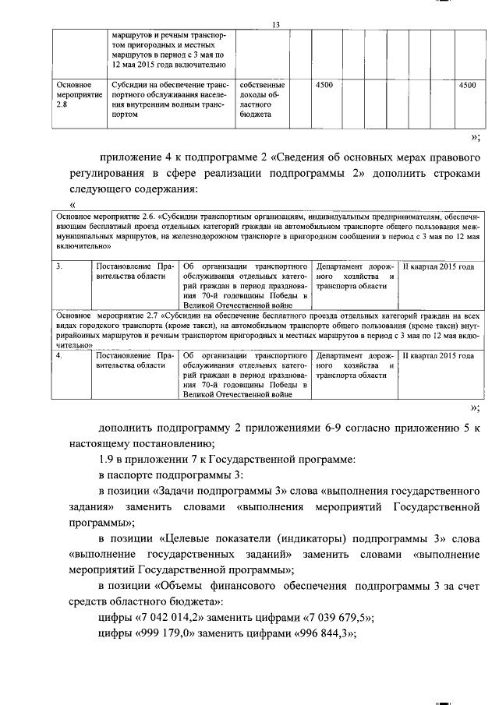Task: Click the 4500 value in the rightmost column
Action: (468, 85)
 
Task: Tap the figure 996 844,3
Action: (317, 634)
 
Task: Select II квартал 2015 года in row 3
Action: (437, 267)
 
